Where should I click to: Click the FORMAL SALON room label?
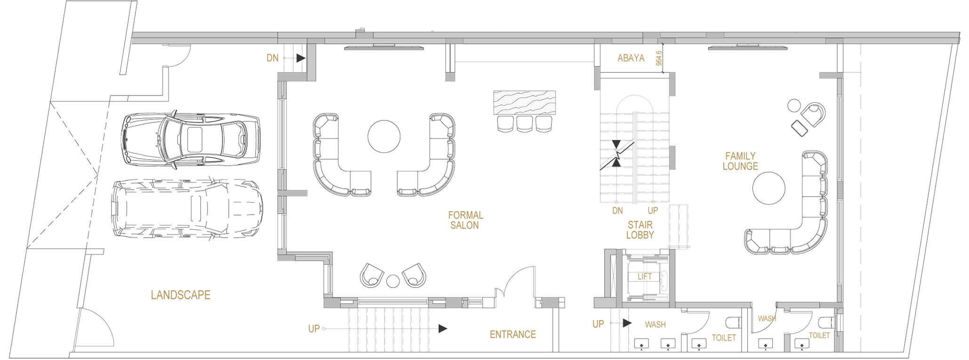465,220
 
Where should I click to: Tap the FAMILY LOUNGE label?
740,161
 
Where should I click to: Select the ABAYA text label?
631,58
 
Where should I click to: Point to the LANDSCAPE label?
181,295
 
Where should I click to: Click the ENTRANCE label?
513,335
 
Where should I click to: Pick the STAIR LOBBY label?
640,230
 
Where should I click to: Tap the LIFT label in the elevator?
645,277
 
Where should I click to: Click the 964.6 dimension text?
659,58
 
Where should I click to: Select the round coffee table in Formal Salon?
384,136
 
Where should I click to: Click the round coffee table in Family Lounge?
769,188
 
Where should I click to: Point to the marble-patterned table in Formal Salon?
524,103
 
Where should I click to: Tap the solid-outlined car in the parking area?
191,139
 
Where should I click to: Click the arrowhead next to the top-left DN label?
301,58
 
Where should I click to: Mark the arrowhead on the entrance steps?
443,328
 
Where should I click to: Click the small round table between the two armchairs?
393,281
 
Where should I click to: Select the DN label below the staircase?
617,211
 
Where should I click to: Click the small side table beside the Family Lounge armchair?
794,105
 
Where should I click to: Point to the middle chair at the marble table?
524,123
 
